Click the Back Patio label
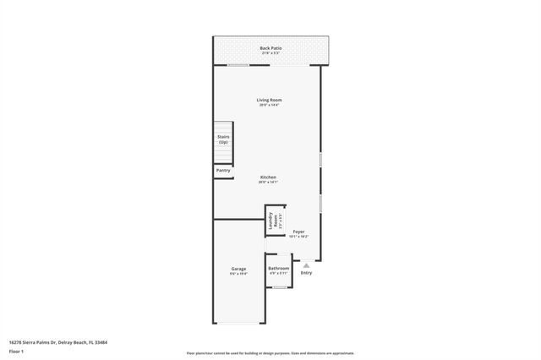270,48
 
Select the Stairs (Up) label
223,139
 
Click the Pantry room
223,171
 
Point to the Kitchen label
268,177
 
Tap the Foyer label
298,231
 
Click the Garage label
238,269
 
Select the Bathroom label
279,269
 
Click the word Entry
306,272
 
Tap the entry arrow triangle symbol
306,265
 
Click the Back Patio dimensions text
270,53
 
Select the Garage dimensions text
238,274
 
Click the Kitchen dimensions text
268,182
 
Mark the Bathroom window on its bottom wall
279,287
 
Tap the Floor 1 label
17,350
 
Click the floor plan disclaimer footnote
270,353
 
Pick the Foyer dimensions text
298,236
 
